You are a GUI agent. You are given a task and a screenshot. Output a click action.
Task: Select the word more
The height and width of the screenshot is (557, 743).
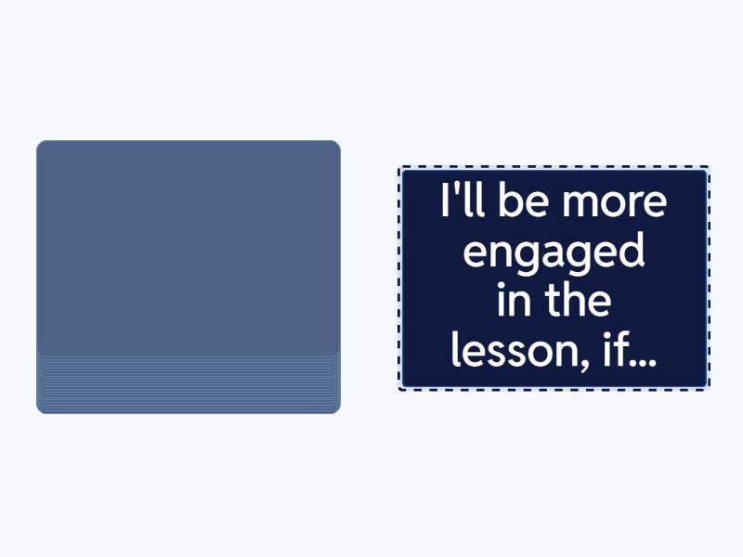(615, 202)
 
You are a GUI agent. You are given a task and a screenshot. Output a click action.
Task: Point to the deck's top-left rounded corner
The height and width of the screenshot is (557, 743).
(39, 143)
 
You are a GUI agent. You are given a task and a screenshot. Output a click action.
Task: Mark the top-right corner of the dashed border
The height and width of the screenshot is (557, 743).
(709, 166)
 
